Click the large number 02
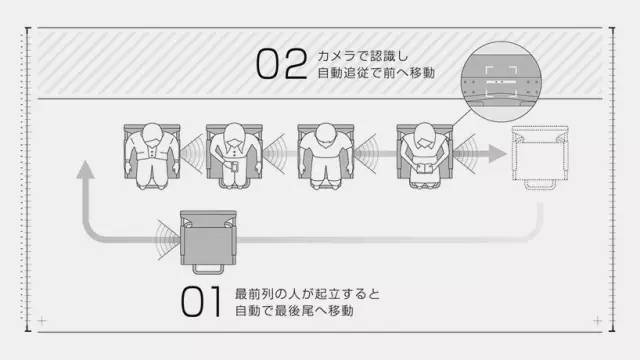(x=280, y=64)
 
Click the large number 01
(x=203, y=303)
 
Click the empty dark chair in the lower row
(x=208, y=238)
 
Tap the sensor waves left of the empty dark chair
(x=165, y=236)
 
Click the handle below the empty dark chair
(x=208, y=270)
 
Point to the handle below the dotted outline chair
(x=539, y=185)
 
